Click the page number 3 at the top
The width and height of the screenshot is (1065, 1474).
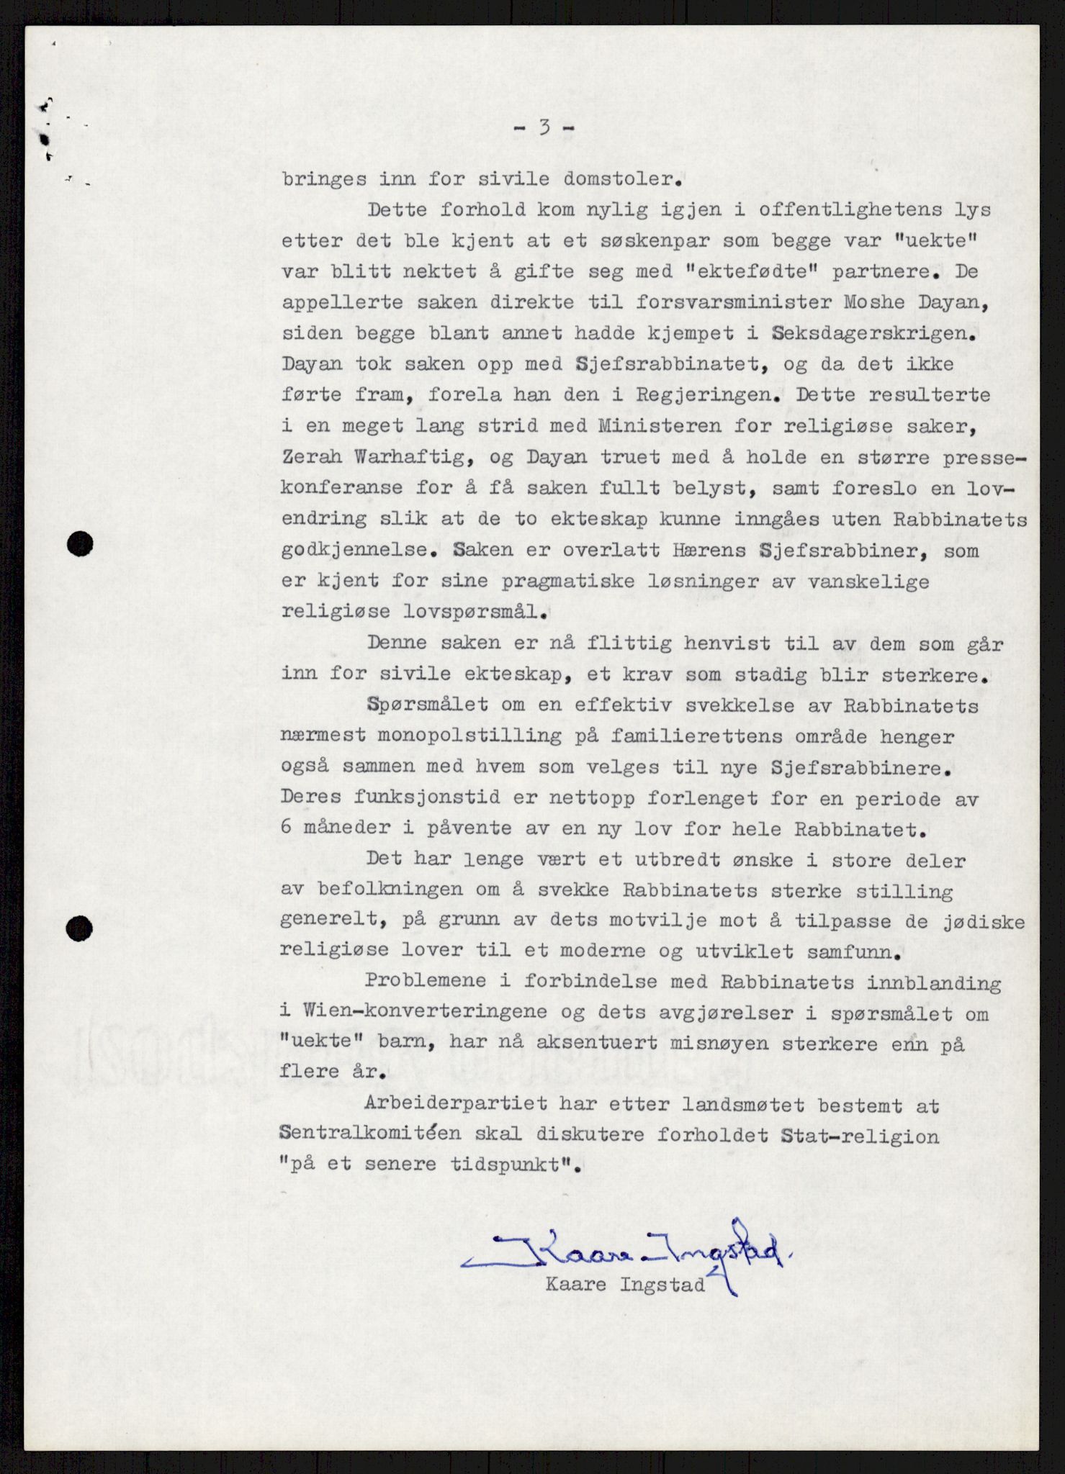pyautogui.click(x=544, y=128)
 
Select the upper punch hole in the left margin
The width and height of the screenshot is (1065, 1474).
pyautogui.click(x=80, y=544)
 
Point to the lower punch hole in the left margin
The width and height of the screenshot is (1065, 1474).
pyautogui.click(x=79, y=929)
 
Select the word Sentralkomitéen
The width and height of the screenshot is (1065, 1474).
pyautogui.click(x=371, y=1136)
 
